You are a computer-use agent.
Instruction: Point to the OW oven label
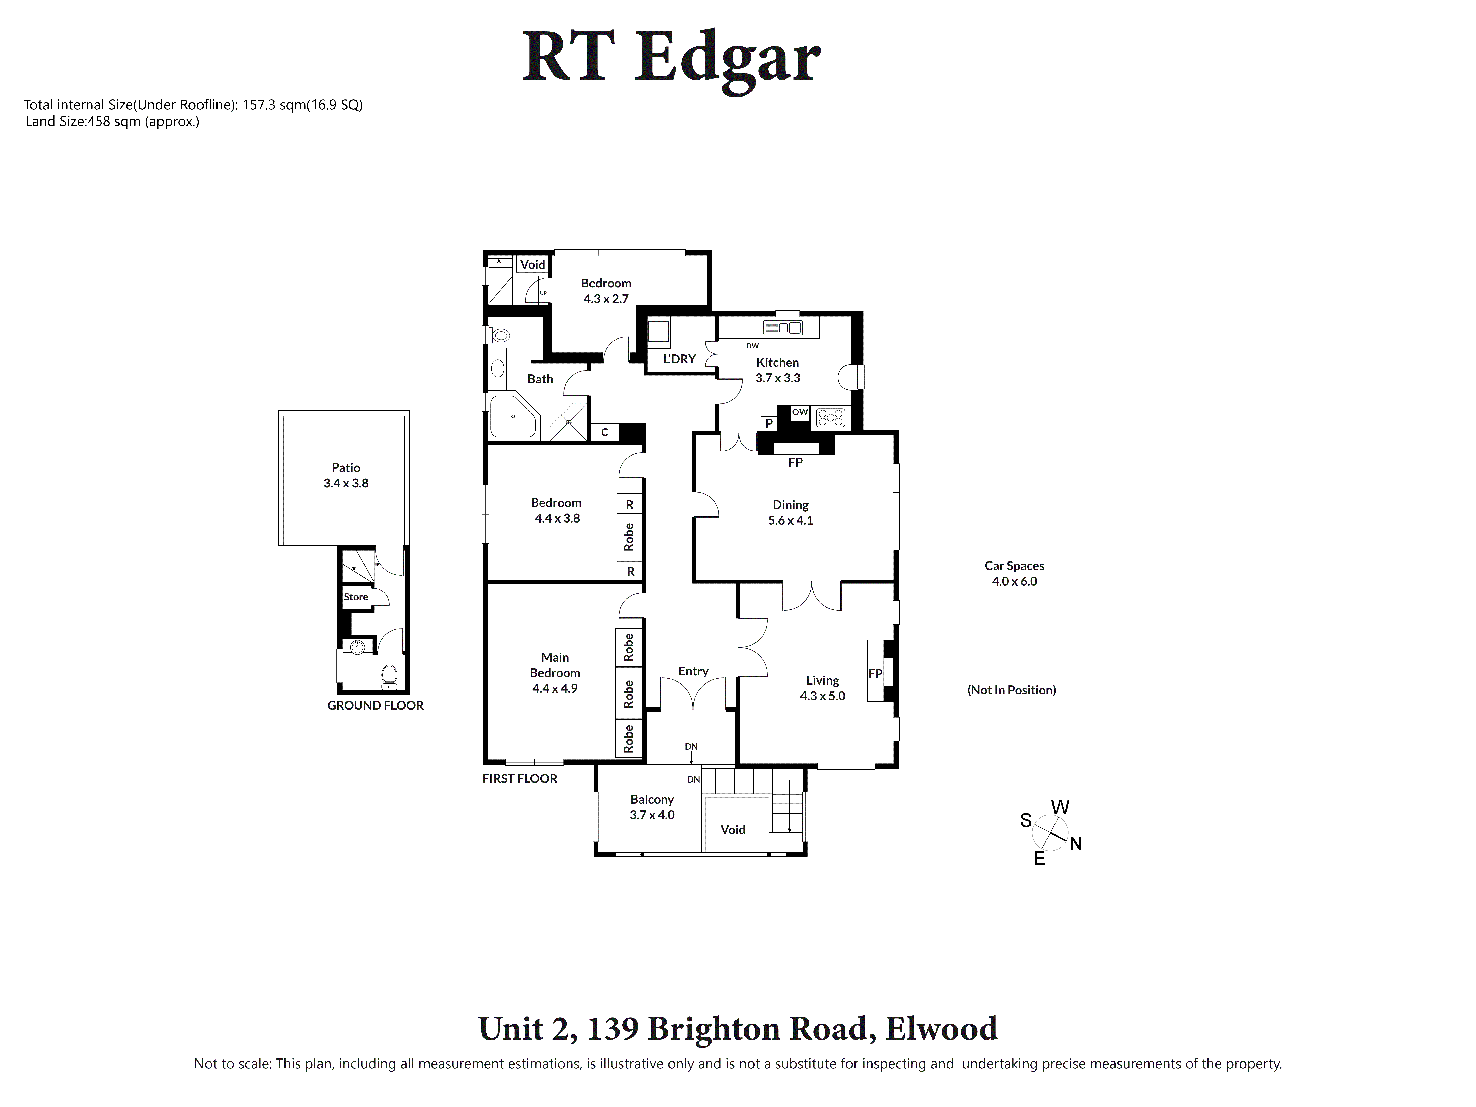point(800,412)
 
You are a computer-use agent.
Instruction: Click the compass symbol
point(1050,833)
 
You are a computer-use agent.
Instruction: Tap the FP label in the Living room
point(875,674)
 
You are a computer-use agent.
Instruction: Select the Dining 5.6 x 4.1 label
point(790,512)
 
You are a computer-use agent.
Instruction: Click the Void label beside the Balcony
point(733,829)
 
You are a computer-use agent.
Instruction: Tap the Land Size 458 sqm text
point(112,122)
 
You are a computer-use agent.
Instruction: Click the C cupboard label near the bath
point(605,432)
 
